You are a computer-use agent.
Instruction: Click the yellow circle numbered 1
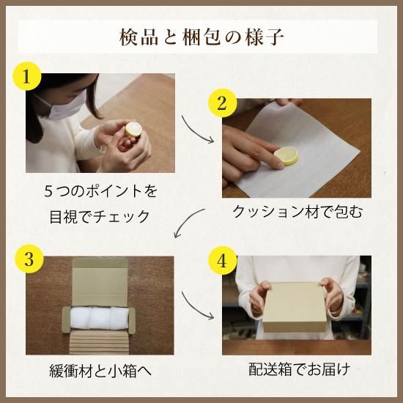pyautogui.click(x=27, y=76)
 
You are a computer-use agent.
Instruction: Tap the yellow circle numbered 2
pyautogui.click(x=222, y=103)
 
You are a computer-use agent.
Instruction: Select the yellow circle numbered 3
pyautogui.click(x=29, y=259)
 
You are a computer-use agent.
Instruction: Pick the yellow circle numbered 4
pyautogui.click(x=222, y=261)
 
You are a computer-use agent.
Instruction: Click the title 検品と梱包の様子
pyautogui.click(x=202, y=37)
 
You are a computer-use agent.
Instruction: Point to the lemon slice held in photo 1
pyautogui.click(x=133, y=130)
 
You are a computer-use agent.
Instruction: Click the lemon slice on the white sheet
pyautogui.click(x=286, y=155)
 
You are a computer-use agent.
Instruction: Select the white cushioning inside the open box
pyautogui.click(x=99, y=318)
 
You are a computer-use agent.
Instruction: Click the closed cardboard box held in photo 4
pyautogui.click(x=295, y=307)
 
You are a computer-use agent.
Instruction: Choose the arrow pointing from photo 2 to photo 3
pyautogui.click(x=188, y=221)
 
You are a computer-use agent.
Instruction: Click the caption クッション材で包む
pyautogui.click(x=297, y=212)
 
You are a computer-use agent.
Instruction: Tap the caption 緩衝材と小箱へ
pyautogui.click(x=100, y=371)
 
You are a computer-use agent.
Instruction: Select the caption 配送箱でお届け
pyautogui.click(x=300, y=369)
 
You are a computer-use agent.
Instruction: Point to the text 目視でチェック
pyautogui.click(x=100, y=217)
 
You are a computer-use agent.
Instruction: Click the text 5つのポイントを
pyautogui.click(x=100, y=191)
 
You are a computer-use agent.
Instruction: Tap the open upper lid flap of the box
pyautogui.click(x=100, y=282)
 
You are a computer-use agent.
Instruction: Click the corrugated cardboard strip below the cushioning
pyautogui.click(x=99, y=342)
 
